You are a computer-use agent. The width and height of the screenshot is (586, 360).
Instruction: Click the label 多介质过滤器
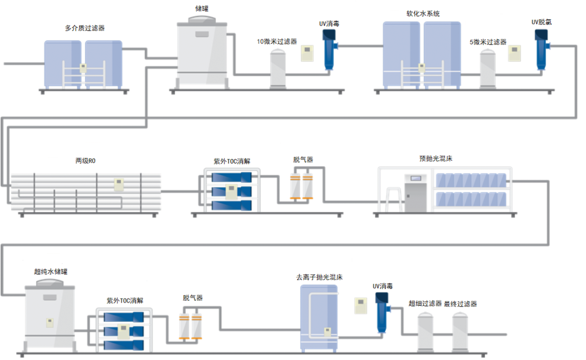[x=85, y=28]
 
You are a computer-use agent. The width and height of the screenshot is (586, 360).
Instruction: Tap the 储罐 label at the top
[x=202, y=9]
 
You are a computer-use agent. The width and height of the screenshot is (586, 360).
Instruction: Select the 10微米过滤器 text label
[x=277, y=42]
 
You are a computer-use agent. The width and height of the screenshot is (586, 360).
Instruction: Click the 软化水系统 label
[x=423, y=14]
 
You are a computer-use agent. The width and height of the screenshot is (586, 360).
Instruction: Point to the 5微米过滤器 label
[x=488, y=42]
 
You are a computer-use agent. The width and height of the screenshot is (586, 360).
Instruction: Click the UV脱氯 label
[x=541, y=22]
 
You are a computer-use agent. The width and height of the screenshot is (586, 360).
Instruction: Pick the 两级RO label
[x=85, y=161]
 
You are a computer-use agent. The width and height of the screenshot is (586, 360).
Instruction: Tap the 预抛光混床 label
[x=436, y=159]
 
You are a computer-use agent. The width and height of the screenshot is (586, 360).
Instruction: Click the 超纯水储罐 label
[x=51, y=272]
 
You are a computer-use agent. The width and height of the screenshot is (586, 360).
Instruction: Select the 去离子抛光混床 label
[x=319, y=277]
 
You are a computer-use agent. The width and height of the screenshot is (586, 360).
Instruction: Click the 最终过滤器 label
[x=460, y=304]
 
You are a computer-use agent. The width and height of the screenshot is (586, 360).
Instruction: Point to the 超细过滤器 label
[x=425, y=303]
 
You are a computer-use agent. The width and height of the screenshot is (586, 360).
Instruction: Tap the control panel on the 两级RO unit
[x=119, y=184]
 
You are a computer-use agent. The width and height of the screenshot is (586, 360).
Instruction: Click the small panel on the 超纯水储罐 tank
[x=50, y=323]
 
